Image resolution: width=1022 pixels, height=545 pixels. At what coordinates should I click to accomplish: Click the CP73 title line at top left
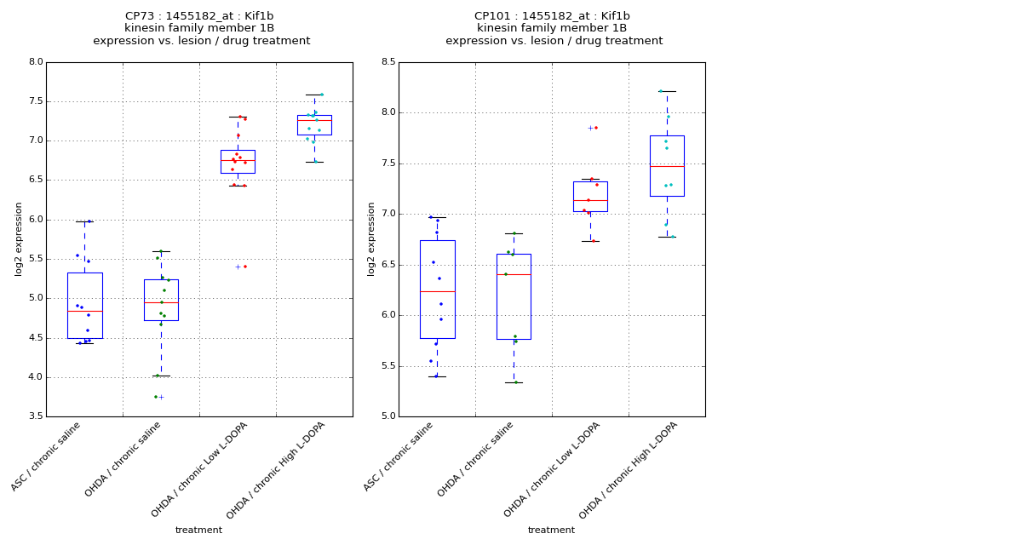coord(199,16)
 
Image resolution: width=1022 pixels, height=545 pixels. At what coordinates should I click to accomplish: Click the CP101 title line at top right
coord(552,16)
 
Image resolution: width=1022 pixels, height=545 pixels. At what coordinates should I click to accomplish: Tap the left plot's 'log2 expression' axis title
coord(19,238)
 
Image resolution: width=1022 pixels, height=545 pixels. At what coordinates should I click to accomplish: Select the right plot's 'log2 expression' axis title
coord(371,238)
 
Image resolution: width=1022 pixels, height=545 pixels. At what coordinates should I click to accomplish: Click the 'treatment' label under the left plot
coord(198,531)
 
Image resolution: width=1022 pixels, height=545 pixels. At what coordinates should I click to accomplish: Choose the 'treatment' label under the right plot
coord(551,531)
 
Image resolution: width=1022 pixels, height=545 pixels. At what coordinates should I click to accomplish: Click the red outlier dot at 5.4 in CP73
coord(245,267)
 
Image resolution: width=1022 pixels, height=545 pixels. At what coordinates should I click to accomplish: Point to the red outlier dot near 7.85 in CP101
coord(596,128)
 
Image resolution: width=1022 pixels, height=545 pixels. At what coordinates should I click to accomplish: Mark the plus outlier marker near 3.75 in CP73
coord(161,397)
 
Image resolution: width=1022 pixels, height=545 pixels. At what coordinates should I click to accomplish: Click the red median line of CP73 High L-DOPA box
coord(314,121)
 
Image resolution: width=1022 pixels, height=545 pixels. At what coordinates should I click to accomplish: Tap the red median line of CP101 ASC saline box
coord(437,291)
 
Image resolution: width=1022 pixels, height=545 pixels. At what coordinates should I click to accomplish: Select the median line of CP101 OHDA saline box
coord(514,274)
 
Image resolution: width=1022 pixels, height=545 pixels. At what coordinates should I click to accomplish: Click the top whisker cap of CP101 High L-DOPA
coord(667,91)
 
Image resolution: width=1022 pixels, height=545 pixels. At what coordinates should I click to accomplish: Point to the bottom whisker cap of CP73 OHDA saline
coord(161,376)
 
